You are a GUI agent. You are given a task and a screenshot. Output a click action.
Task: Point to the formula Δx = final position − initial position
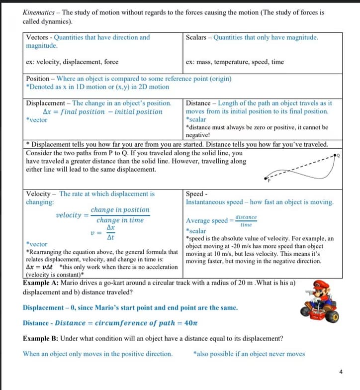point(102,112)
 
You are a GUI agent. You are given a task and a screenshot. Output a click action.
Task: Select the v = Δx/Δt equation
point(106,232)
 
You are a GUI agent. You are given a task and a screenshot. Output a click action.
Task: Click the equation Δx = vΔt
point(39,267)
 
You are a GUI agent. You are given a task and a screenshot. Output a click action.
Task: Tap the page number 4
point(341,371)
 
